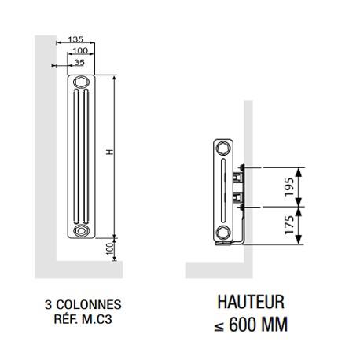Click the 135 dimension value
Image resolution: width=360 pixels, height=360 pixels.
tap(76, 39)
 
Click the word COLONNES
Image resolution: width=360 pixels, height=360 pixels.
tap(90, 303)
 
